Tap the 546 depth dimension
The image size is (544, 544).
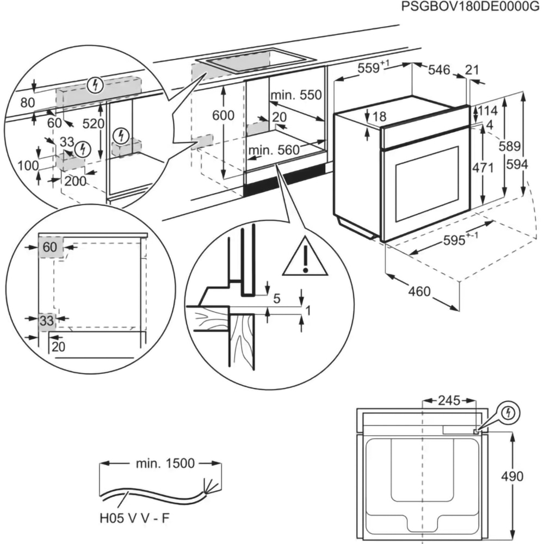coord(439,70)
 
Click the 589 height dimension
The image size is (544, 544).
coord(510,146)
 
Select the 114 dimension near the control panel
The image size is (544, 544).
coord(487,111)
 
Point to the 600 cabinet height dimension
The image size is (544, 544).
coord(223,115)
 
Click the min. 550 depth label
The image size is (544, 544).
coord(296,95)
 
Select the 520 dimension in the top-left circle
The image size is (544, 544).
coord(93,124)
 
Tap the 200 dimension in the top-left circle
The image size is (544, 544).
coord(75,181)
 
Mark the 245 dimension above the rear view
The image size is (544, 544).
coord(449,401)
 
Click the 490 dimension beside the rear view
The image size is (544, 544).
coord(512,477)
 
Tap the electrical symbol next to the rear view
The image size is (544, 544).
coord(509,413)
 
